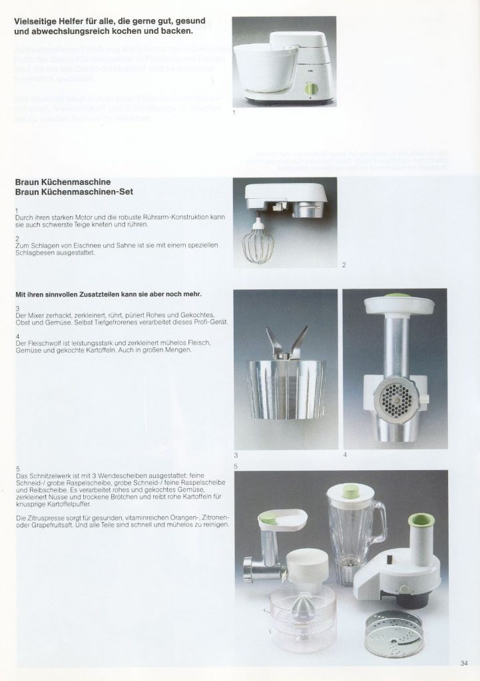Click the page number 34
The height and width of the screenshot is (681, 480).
coord(464,662)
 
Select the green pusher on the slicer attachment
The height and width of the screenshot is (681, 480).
coord(419,520)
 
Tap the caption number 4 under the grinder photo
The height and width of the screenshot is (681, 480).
coord(345,455)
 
